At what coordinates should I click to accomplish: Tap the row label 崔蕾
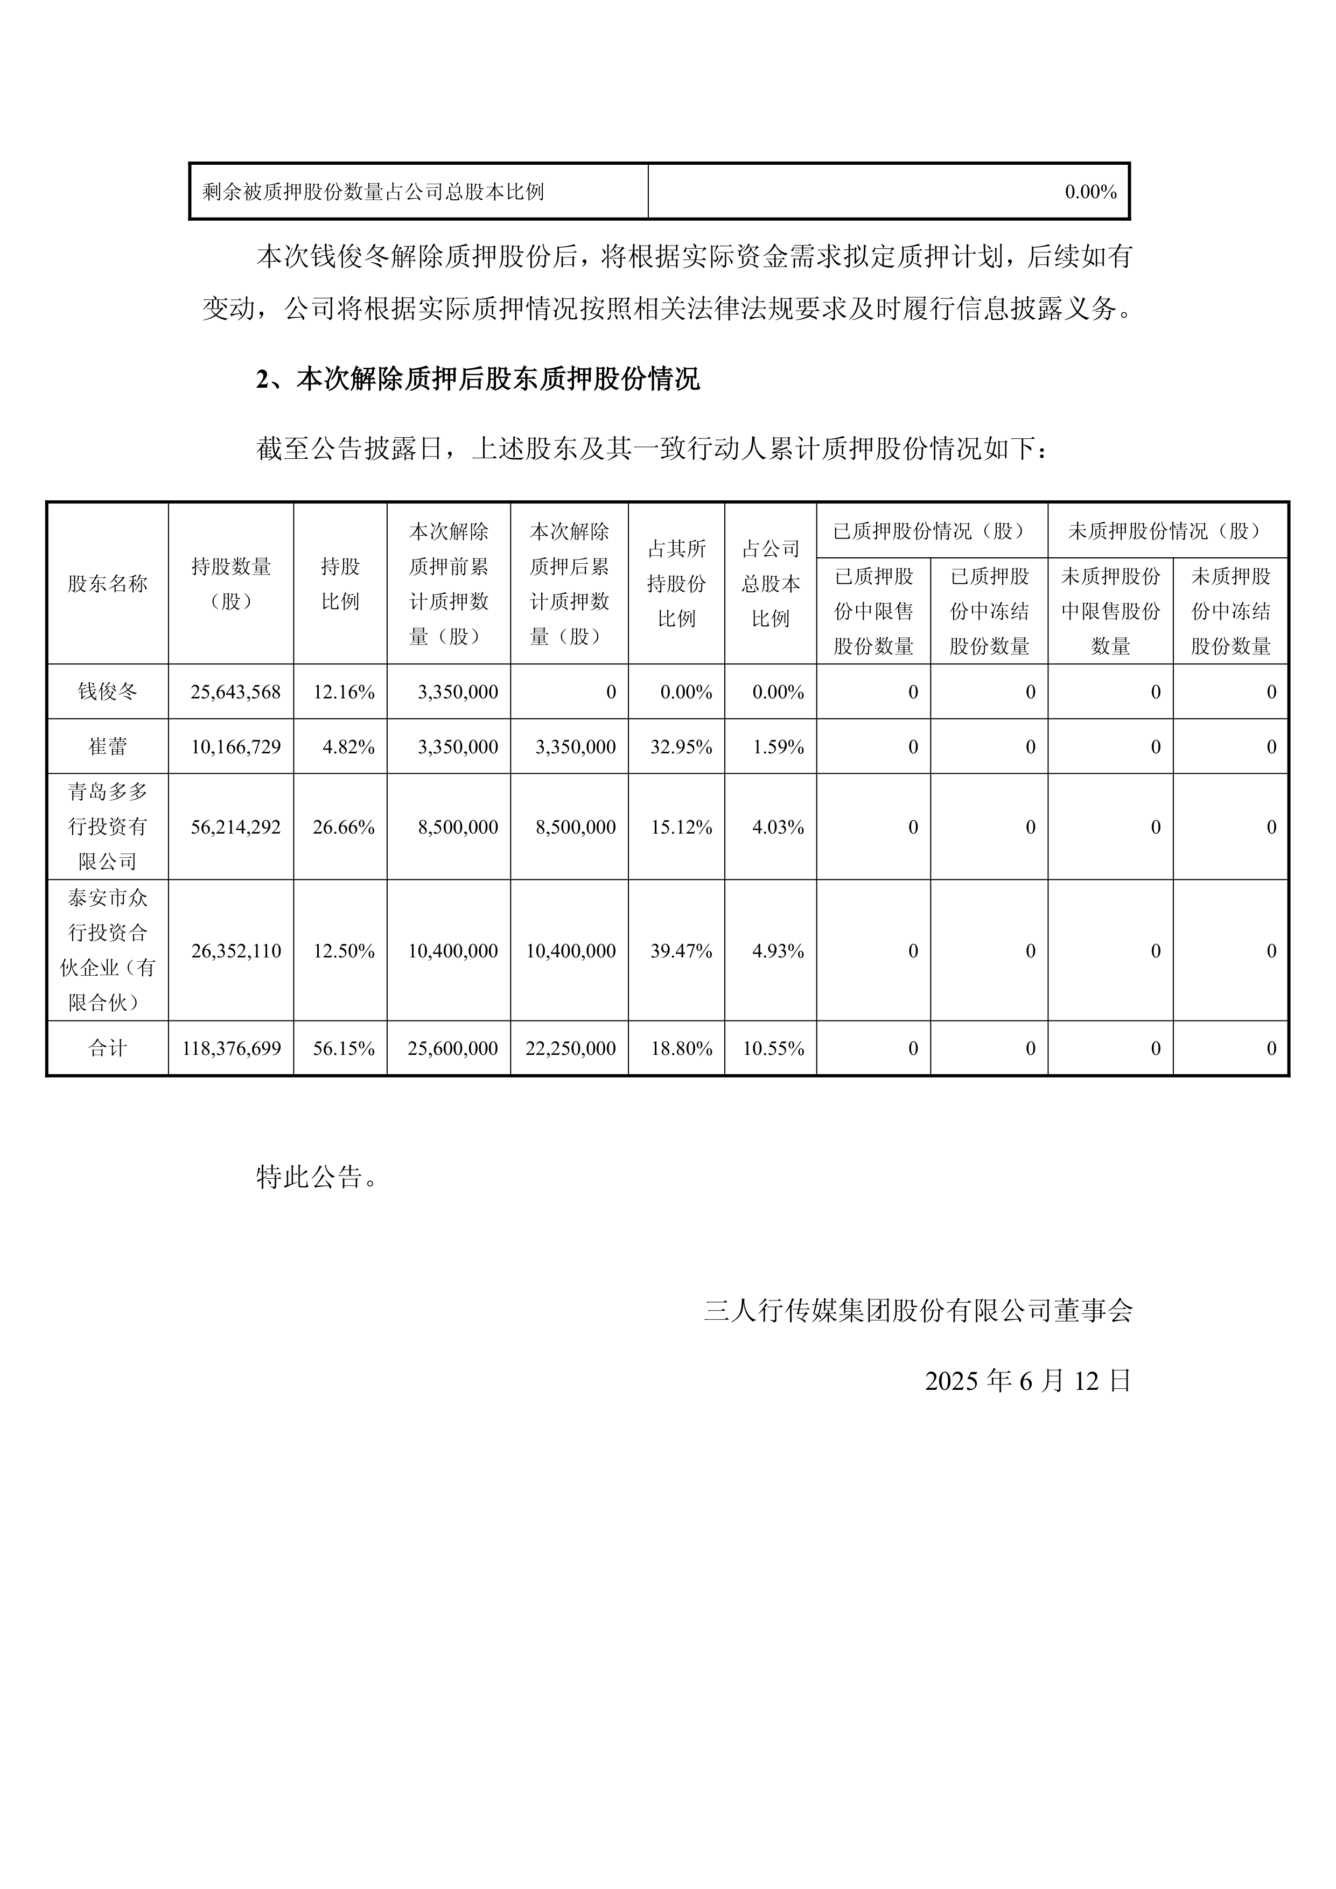(108, 747)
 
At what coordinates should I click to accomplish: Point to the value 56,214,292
(235, 827)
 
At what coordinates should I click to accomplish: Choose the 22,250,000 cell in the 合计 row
(571, 1048)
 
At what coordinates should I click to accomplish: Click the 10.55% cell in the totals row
(773, 1048)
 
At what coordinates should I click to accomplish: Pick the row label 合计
(108, 1048)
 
